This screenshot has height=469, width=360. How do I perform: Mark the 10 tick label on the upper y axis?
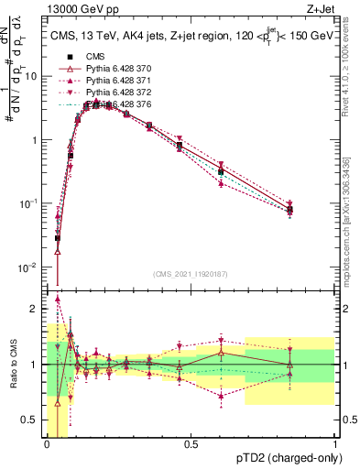tap(33, 76)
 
